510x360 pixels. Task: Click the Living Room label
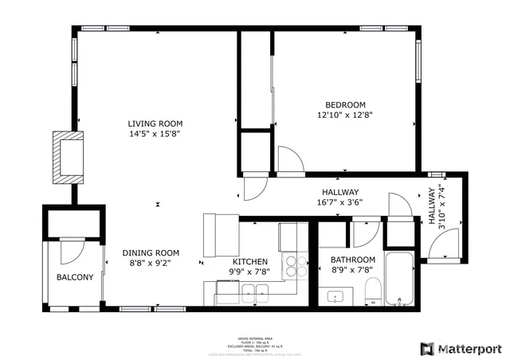[155, 123]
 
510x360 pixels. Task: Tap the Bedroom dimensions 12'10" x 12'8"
[345, 115]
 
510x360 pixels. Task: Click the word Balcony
[75, 277]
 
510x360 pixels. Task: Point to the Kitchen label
[249, 262]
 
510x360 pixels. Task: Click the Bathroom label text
[352, 260]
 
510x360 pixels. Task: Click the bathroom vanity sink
[336, 297]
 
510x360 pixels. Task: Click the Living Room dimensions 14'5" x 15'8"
[155, 134]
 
